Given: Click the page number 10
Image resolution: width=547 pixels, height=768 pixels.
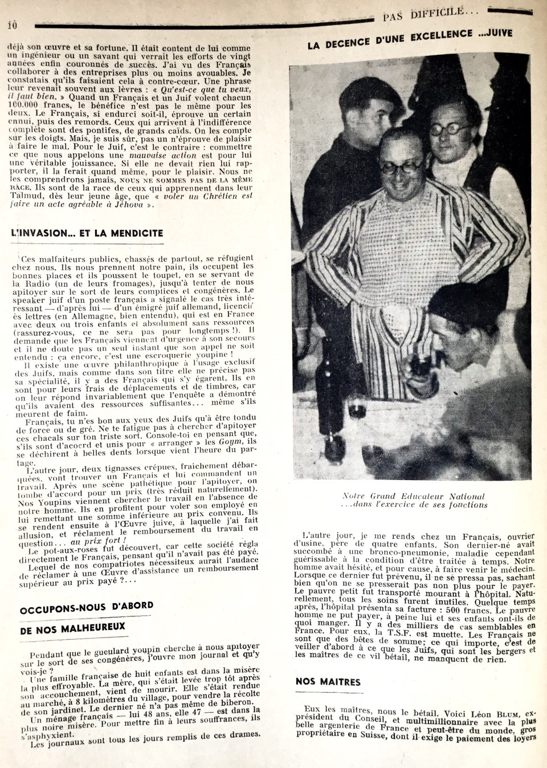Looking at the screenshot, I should tap(13, 25).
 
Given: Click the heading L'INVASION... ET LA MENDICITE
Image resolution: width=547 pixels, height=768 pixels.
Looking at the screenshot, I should tap(87, 234).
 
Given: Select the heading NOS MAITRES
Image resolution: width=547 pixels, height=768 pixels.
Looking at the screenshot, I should tap(328, 682).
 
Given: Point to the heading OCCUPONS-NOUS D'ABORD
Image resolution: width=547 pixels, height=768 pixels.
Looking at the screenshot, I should tap(86, 608).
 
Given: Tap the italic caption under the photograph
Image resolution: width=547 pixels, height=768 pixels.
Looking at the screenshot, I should tap(414, 500).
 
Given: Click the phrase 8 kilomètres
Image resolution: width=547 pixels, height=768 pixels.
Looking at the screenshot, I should tap(72, 704).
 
